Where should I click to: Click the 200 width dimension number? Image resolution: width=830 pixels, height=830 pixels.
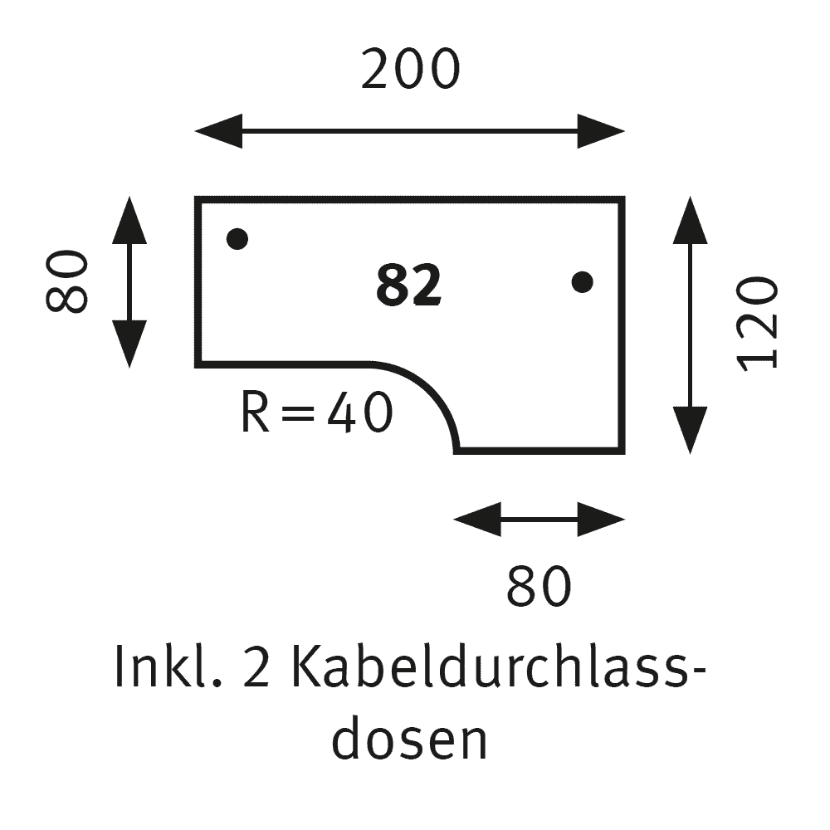click(x=410, y=70)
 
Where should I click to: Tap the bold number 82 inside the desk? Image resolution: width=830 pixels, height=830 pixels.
click(x=408, y=285)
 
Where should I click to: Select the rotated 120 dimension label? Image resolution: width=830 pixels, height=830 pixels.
click(x=758, y=324)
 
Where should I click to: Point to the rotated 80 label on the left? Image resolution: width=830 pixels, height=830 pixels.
click(x=66, y=281)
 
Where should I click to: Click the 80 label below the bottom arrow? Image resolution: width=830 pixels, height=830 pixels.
click(x=539, y=586)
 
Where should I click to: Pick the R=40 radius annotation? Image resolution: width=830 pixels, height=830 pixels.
click(x=316, y=413)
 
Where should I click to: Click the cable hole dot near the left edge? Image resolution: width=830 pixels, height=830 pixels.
click(x=237, y=239)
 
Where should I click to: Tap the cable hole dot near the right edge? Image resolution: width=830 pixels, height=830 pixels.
click(x=583, y=281)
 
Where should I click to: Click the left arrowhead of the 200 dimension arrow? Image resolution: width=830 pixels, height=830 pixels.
click(x=218, y=131)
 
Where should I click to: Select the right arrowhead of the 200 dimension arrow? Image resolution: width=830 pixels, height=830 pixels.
click(x=601, y=131)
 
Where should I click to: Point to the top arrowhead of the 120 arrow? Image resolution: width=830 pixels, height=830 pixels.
click(x=691, y=220)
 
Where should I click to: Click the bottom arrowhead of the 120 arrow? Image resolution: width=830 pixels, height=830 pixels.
click(x=691, y=430)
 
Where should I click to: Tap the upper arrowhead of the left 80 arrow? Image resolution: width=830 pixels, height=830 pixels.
click(x=129, y=220)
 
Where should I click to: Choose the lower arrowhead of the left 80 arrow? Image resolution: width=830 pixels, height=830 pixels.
click(x=129, y=344)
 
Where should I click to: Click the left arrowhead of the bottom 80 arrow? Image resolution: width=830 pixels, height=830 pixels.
click(x=477, y=520)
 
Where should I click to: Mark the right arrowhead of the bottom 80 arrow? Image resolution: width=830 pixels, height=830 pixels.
click(x=601, y=520)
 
